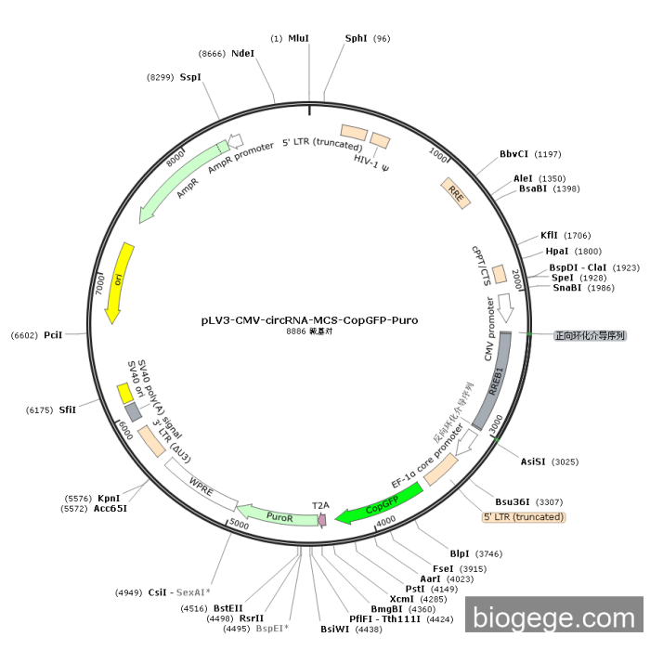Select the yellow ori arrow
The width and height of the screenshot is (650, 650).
119,283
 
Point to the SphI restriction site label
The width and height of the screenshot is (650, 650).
356,38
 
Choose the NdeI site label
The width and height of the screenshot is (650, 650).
242,54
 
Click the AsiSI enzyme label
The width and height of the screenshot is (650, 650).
532,461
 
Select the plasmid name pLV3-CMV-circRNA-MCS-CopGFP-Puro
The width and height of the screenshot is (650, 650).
309,320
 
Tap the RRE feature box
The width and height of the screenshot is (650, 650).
455,192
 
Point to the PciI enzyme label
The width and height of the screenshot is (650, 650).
53,334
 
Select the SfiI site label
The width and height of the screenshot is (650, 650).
68,409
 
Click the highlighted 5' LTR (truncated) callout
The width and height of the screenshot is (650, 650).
523,516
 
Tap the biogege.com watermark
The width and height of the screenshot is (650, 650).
554,617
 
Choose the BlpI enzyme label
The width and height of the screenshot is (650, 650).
460,553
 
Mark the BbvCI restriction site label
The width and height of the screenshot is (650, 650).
513,154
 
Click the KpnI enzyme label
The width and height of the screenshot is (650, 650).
109,498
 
